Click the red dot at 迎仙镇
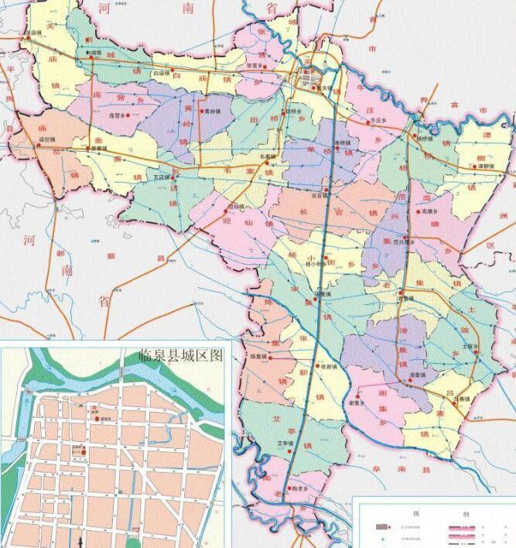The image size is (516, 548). tap(228, 207)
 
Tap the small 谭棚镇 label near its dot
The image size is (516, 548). tap(485, 166)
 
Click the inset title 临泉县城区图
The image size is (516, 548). tap(179, 356)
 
